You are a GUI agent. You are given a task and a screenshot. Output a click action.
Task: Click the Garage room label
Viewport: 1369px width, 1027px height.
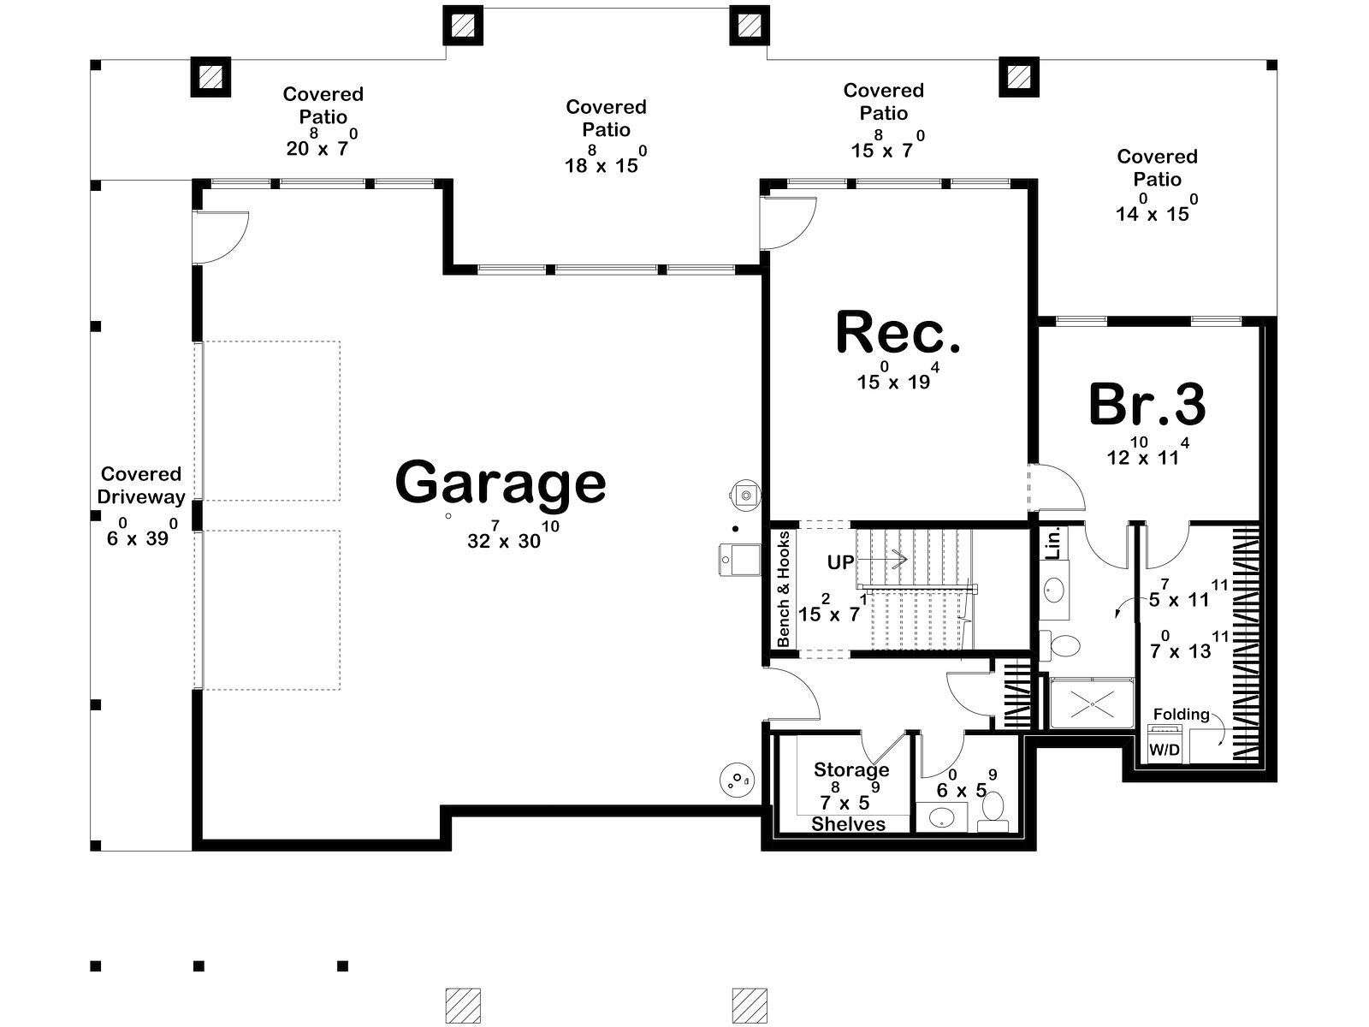pyautogui.click(x=501, y=483)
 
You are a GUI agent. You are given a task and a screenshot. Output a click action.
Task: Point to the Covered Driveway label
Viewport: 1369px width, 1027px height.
pyautogui.click(x=141, y=485)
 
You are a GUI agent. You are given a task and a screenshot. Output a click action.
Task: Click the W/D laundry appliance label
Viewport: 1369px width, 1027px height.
pyautogui.click(x=1165, y=750)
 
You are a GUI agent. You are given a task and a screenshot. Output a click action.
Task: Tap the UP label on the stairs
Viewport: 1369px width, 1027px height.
pyautogui.click(x=840, y=562)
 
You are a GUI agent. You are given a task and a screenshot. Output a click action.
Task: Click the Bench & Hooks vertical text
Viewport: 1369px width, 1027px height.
pyautogui.click(x=784, y=589)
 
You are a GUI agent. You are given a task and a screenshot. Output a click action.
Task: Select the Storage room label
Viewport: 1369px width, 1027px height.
pyautogui.click(x=851, y=771)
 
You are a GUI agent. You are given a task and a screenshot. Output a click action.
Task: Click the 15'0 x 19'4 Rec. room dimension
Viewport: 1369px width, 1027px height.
pyautogui.click(x=898, y=376)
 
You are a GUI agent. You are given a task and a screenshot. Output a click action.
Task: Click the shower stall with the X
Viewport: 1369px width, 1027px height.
pyautogui.click(x=1092, y=703)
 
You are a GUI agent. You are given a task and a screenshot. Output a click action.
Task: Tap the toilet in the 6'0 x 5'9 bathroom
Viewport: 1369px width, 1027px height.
pyautogui.click(x=993, y=810)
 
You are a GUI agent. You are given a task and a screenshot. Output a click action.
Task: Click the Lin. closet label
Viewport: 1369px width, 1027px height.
pyautogui.click(x=1052, y=543)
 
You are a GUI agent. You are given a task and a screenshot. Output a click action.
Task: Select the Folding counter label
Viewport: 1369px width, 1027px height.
pyautogui.click(x=1181, y=715)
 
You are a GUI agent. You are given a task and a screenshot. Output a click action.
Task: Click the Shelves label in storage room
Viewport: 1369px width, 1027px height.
pyautogui.click(x=848, y=824)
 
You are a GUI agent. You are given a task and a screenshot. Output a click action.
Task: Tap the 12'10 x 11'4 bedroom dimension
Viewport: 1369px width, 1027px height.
pyautogui.click(x=1147, y=452)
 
